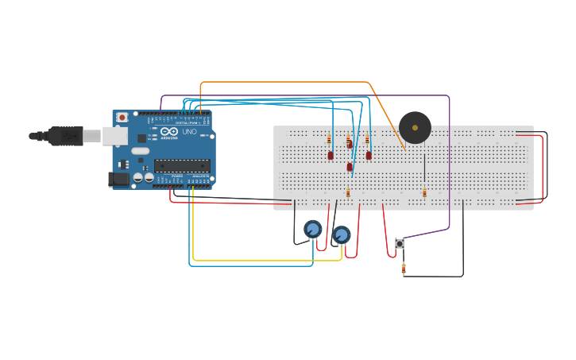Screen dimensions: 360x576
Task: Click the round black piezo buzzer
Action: point(415,127)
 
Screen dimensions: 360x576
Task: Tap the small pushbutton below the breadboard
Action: point(400,243)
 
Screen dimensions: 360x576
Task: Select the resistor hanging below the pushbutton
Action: point(404,269)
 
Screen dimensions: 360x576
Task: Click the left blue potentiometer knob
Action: point(313,230)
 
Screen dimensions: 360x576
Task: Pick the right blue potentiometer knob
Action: point(342,234)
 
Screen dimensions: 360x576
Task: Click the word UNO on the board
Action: point(189,132)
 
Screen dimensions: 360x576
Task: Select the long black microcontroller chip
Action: point(182,165)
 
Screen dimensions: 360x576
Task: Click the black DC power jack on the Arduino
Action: point(118,180)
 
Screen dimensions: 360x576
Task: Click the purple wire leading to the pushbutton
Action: point(450,159)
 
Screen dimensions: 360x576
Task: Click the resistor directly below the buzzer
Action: point(424,193)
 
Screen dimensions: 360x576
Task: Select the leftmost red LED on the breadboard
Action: point(331,155)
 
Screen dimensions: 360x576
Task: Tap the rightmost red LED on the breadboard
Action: point(369,155)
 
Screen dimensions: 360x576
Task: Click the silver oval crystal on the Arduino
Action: point(140,151)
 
